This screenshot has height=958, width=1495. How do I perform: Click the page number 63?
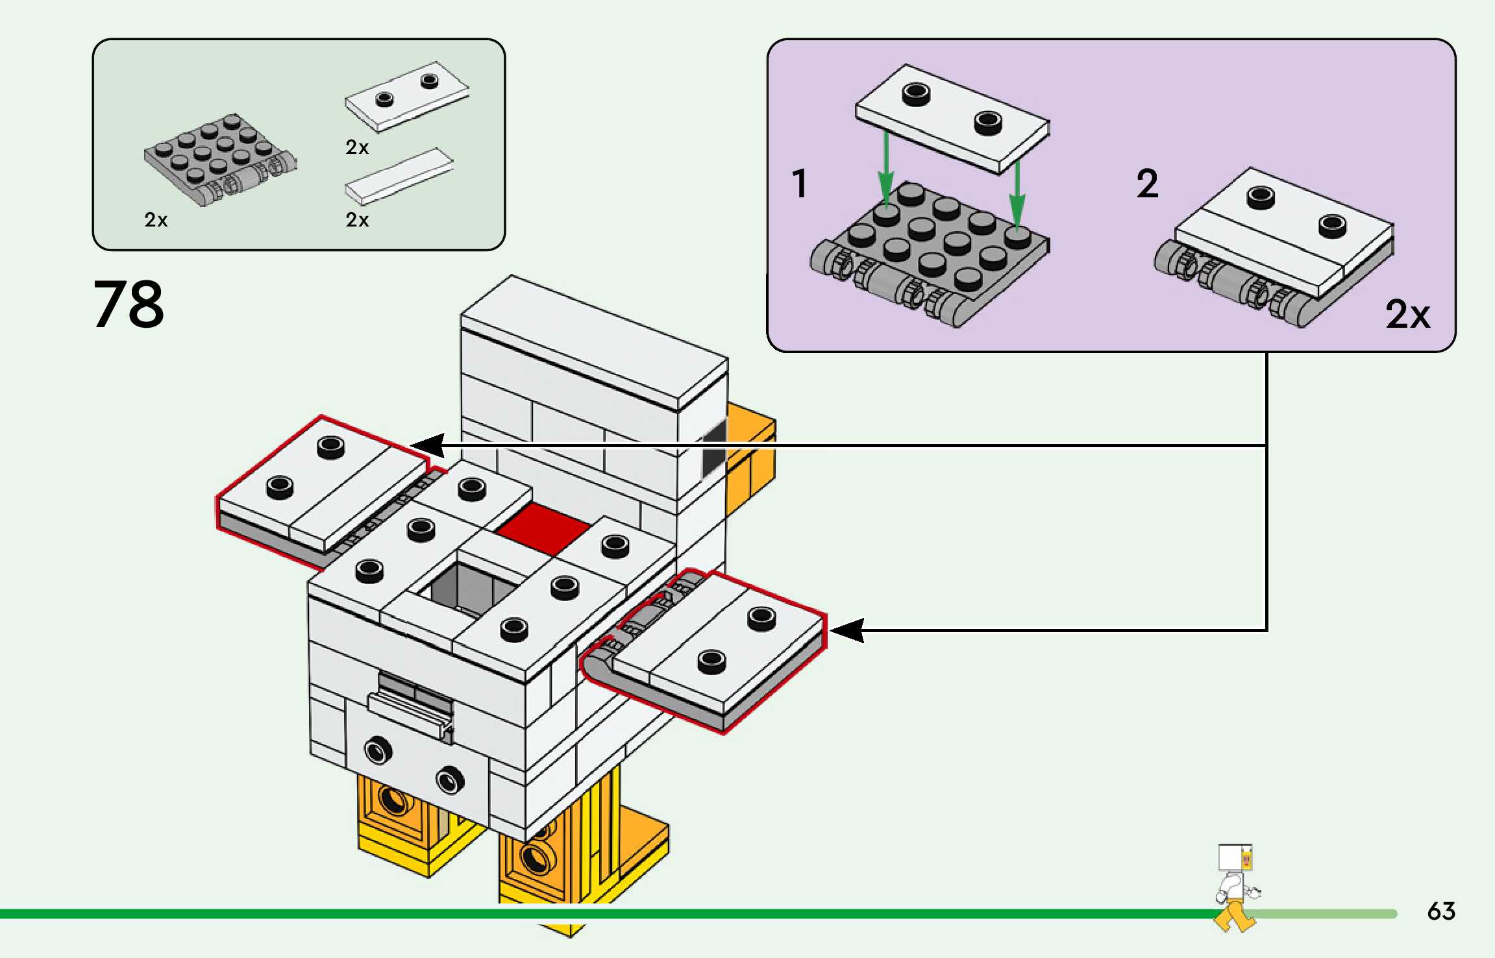(x=1441, y=911)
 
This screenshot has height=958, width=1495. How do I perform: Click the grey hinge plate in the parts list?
(x=217, y=159)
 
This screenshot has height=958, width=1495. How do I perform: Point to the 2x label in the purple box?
(x=1407, y=315)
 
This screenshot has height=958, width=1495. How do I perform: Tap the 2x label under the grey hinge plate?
(x=156, y=220)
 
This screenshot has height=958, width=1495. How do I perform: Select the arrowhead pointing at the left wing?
(x=428, y=446)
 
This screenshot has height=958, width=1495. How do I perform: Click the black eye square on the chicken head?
(x=715, y=448)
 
